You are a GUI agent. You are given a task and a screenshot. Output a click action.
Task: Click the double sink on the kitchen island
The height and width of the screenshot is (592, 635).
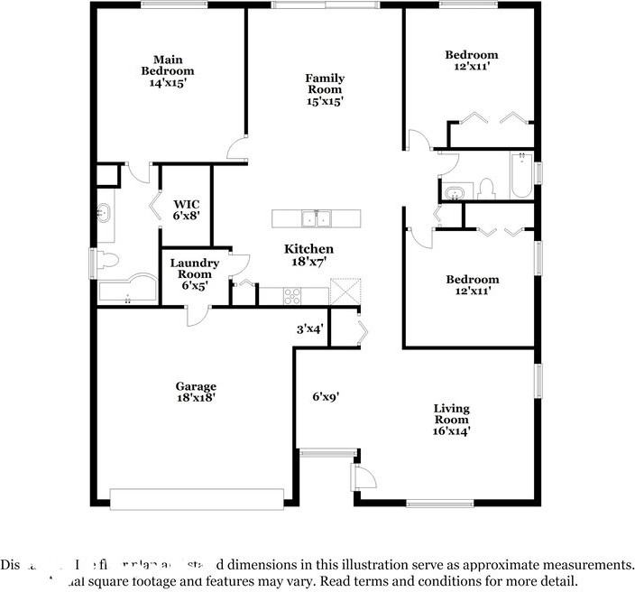(x=316, y=218)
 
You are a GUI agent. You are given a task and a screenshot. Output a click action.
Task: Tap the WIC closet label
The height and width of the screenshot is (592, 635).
(x=186, y=204)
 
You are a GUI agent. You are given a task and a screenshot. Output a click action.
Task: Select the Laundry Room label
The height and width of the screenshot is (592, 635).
(x=194, y=268)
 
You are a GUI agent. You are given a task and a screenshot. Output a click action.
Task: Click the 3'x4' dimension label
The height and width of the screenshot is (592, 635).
(x=309, y=330)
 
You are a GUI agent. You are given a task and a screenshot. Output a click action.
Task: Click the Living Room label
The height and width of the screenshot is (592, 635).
(x=451, y=414)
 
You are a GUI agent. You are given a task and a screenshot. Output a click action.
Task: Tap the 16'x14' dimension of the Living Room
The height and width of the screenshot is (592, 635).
(x=451, y=431)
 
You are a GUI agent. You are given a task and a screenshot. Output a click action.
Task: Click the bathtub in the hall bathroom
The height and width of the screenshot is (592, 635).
(x=521, y=178)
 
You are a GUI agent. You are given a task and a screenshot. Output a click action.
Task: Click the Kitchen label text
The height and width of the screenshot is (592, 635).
(x=309, y=249)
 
